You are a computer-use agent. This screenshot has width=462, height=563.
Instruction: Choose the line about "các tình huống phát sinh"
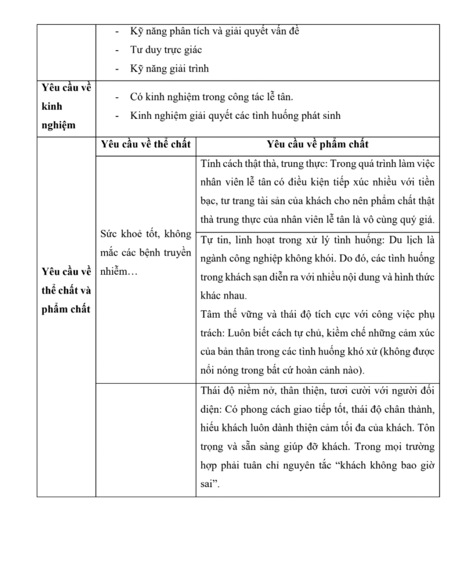[235, 115]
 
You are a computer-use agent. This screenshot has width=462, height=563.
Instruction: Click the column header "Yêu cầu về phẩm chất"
[317, 145]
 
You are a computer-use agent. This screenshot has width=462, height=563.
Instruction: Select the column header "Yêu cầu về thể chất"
[145, 145]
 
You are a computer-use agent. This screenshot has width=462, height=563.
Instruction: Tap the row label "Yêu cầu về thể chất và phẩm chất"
[66, 290]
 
